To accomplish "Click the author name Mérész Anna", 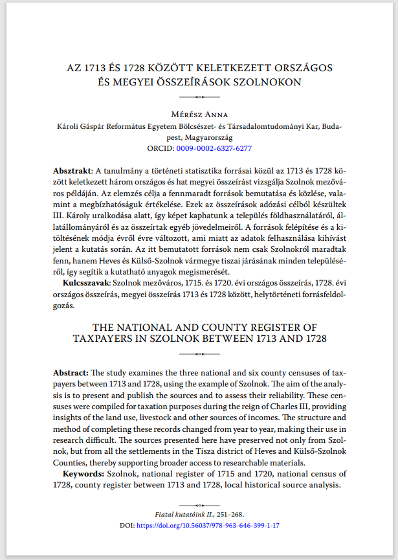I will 199,115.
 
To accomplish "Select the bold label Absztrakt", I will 72,170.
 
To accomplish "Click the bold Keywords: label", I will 84,475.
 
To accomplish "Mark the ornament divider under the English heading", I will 199,355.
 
